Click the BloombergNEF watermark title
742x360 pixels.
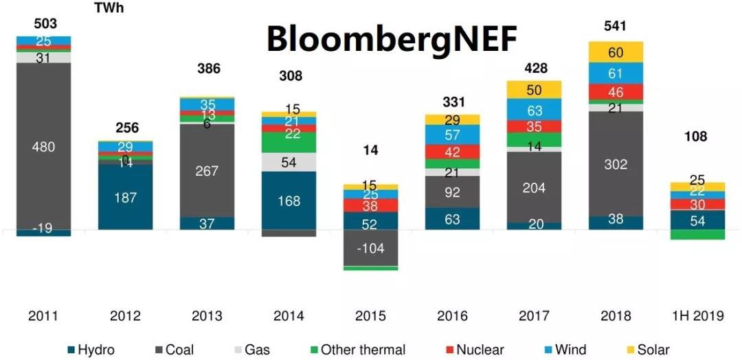pos(391,40)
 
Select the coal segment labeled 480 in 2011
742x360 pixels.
pos(44,146)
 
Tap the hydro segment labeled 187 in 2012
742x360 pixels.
pos(125,197)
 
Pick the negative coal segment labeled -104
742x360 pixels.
pos(371,248)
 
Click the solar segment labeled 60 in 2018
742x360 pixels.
pos(616,53)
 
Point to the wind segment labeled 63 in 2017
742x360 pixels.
pos(534,110)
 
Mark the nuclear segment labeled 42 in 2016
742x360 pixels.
pos(452,153)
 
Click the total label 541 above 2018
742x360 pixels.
pos(616,27)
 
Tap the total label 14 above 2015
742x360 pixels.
pos(371,150)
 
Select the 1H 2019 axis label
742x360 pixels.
pos(697,316)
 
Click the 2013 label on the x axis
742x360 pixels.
pos(207,316)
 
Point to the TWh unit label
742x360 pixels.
pos(111,8)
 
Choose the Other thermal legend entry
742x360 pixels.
pos(363,350)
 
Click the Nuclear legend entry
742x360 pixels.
pos(479,350)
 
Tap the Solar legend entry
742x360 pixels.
pos(653,350)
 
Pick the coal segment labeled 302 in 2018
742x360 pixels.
pos(616,164)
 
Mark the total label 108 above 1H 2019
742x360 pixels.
pos(695,137)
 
